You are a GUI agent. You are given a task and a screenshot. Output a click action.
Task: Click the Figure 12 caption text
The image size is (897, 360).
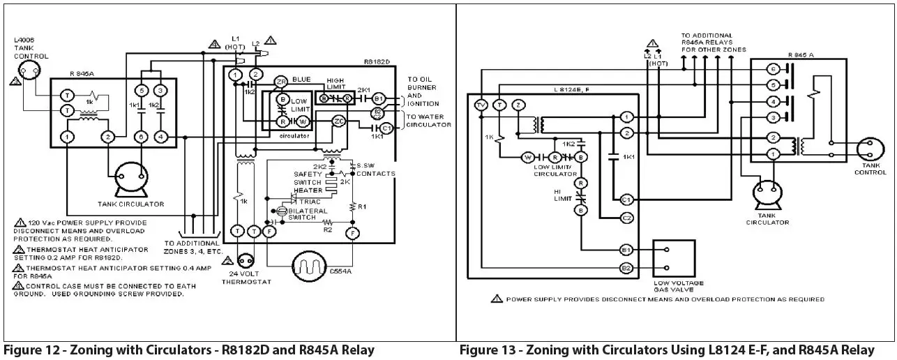pyautogui.click(x=189, y=350)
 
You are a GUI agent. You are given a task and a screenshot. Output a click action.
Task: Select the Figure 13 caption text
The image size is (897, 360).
pyautogui.click(x=666, y=350)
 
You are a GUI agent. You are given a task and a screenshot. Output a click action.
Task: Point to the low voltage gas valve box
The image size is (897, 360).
pyautogui.click(x=673, y=258)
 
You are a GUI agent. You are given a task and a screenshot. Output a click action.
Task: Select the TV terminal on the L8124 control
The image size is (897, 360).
pyautogui.click(x=480, y=105)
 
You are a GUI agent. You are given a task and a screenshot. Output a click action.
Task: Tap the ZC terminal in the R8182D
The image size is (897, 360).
pyautogui.click(x=338, y=121)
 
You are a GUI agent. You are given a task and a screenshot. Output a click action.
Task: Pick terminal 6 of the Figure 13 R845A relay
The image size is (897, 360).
pyautogui.click(x=772, y=69)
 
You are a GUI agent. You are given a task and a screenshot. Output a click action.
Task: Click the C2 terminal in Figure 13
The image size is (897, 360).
pyautogui.click(x=626, y=218)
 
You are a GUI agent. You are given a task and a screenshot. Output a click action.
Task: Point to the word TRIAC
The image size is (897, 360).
pyautogui.click(x=309, y=202)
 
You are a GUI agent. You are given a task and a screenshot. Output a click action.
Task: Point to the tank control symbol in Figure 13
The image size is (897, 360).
pyautogui.click(x=869, y=149)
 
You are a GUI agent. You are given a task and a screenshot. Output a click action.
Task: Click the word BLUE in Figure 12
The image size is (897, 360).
pyautogui.click(x=301, y=80)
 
